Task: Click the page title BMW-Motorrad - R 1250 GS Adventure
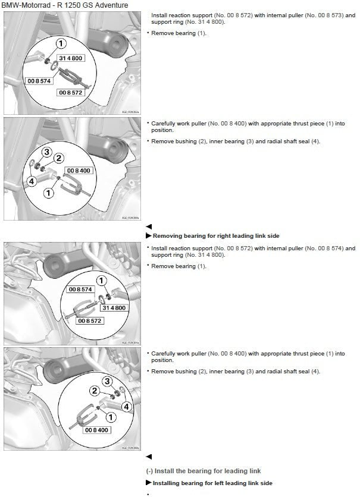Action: tap(65, 5)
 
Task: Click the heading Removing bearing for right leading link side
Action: tap(212, 236)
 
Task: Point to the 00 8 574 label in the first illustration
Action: tap(37, 79)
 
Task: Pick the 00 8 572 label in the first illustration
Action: tap(70, 93)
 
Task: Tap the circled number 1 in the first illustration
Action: tap(60, 43)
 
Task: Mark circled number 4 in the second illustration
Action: tap(32, 180)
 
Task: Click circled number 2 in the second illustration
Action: tap(59, 158)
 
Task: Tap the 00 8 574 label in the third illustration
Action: tap(81, 289)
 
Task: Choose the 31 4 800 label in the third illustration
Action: tap(113, 308)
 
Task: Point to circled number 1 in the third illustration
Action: tap(101, 280)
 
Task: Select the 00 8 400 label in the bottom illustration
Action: tap(96, 429)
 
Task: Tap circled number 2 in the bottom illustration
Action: tap(94, 391)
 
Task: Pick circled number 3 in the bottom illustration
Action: tap(107, 381)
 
